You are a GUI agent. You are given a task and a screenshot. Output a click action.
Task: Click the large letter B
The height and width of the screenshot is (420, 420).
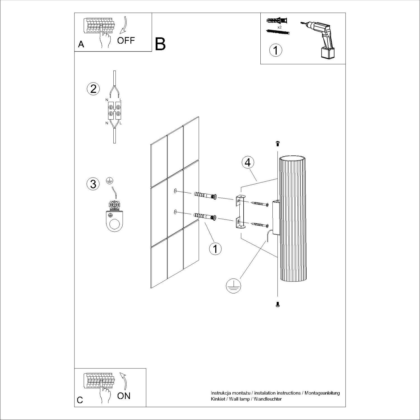(160, 44)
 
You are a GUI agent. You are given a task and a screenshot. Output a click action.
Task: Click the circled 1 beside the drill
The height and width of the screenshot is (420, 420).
(276, 50)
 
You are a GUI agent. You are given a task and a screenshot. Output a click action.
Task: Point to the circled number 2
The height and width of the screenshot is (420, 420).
(93, 89)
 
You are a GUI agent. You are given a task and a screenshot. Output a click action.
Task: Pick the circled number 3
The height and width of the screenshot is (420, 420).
(93, 184)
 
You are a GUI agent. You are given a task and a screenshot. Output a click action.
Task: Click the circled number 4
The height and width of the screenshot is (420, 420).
(248, 163)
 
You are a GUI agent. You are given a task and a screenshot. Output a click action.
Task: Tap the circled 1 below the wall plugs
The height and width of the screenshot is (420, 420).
(215, 248)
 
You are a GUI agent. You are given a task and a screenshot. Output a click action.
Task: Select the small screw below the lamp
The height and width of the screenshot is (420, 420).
(277, 304)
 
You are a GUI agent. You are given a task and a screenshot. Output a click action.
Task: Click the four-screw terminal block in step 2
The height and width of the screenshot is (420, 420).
(115, 110)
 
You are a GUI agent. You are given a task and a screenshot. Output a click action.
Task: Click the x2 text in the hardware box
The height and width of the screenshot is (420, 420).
(279, 27)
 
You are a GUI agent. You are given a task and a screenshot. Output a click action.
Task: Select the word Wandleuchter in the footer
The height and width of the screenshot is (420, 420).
(268, 399)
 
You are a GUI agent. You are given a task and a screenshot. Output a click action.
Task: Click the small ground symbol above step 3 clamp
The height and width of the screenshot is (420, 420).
(110, 181)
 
